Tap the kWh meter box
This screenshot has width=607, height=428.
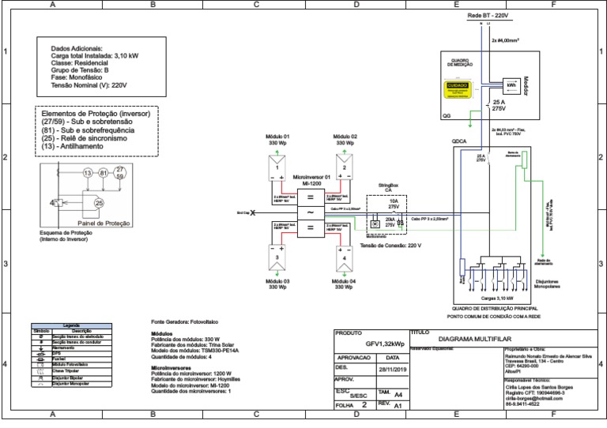(512, 84)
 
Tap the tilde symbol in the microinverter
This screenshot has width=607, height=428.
(311, 212)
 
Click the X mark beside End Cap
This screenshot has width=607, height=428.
(253, 213)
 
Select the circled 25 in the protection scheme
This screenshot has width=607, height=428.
(99, 203)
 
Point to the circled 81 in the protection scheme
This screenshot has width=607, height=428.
(104, 172)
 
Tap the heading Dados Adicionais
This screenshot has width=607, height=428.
(77, 48)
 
